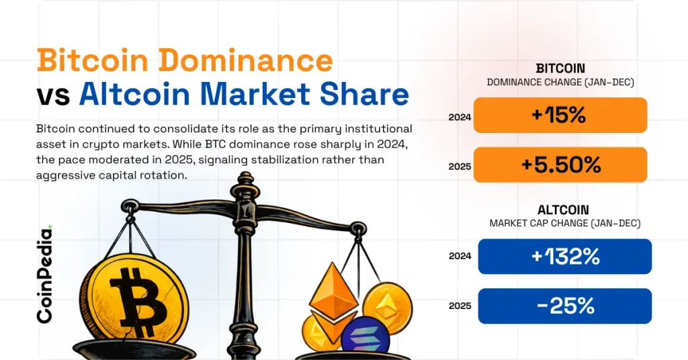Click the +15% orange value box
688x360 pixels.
[560, 115]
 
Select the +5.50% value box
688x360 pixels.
[560, 165]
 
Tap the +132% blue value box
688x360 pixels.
[564, 257]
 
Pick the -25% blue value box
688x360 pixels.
[564, 306]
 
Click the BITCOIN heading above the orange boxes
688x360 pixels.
[560, 69]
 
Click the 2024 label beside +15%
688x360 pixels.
[460, 117]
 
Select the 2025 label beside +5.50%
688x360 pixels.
[460, 166]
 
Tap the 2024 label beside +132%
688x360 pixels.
[460, 256]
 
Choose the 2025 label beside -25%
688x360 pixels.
[460, 306]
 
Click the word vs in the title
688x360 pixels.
[54, 95]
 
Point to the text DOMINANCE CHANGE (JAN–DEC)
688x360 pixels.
[560, 82]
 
